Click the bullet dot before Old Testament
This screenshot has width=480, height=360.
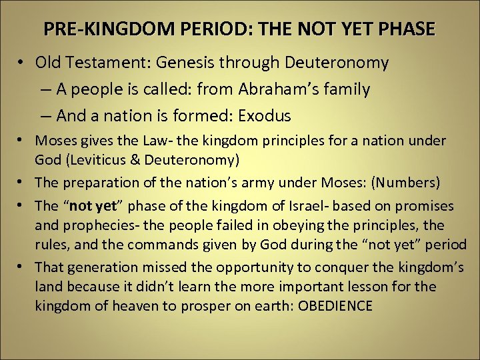(x=22, y=63)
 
